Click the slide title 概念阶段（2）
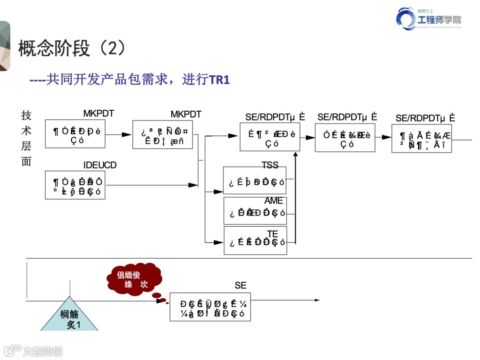[x=72, y=48]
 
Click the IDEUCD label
[x=100, y=165]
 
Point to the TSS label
[x=270, y=165]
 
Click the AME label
[x=273, y=201]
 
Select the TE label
[x=272, y=234]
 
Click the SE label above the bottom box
[x=240, y=285]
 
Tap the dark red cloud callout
[x=132, y=280]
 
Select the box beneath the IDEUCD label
[x=75, y=184]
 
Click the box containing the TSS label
[x=255, y=180]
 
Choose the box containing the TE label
[x=255, y=241]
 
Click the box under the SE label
[x=210, y=307]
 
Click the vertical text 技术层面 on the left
[x=26, y=138]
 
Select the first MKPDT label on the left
[x=98, y=114]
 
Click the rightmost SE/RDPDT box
[x=421, y=138]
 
